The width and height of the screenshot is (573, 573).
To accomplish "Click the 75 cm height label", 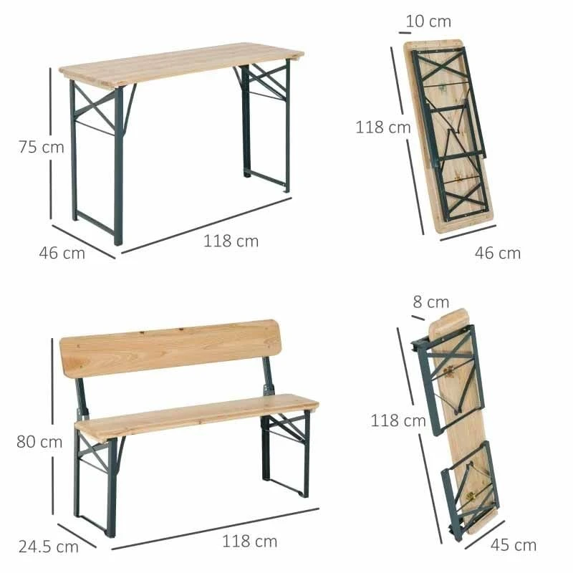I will coord(41,148).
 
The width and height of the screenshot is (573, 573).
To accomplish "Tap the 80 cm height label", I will coord(39,441).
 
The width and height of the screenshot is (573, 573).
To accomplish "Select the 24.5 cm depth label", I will coord(48,547).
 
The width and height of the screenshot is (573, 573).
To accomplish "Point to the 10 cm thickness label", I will coord(428,21).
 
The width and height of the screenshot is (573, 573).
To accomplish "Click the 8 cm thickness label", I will coord(430,302).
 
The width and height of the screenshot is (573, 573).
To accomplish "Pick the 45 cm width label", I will coord(514,545).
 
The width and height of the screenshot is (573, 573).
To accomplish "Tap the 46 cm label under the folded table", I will coord(499,253).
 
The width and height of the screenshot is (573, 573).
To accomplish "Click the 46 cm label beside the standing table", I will coord(62,253).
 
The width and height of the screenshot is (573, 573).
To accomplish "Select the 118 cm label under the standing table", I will coord(231,241).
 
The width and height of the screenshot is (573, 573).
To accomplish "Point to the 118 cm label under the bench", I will coord(249,541).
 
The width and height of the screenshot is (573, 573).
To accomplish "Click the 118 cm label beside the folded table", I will coord(383,127).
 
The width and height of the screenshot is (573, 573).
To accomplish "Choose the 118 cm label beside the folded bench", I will coord(398,420).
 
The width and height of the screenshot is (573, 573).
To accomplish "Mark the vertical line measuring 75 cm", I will coord(51,143).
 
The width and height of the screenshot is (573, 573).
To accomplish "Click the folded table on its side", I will coord(450,136).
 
